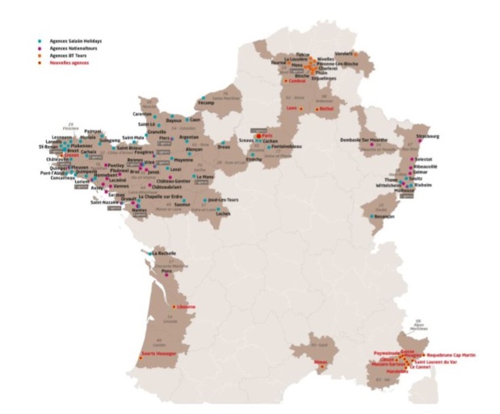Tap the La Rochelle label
point(164,253)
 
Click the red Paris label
point(268,136)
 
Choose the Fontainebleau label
point(287,146)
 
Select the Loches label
point(224,213)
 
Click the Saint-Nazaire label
point(106,203)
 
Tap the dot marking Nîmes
point(321,367)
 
